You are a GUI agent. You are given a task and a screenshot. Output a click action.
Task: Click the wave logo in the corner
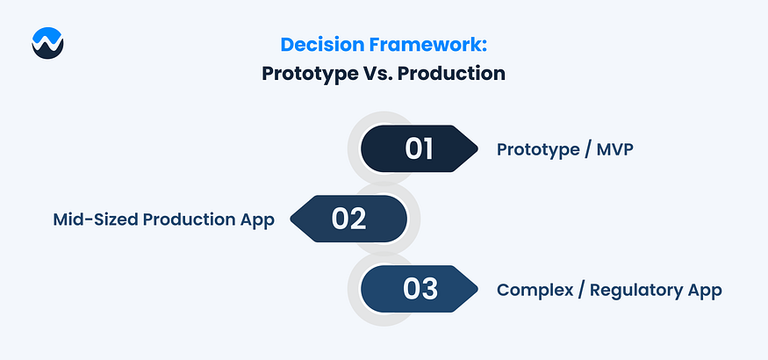click(47, 43)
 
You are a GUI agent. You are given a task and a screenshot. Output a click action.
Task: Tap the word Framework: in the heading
click(427, 45)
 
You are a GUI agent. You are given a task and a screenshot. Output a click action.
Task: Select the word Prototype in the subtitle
click(309, 74)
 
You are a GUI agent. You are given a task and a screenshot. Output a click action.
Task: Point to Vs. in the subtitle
click(377, 74)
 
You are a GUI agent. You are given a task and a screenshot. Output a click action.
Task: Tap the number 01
click(419, 148)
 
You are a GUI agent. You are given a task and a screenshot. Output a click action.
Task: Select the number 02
click(348, 219)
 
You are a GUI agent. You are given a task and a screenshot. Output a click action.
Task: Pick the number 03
click(420, 289)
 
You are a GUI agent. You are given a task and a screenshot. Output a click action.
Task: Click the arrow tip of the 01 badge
click(477, 148)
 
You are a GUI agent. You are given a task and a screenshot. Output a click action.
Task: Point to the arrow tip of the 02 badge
click(291, 219)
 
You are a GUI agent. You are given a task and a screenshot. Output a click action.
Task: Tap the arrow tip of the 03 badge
click(477, 289)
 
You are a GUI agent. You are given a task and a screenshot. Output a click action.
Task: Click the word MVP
click(614, 150)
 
